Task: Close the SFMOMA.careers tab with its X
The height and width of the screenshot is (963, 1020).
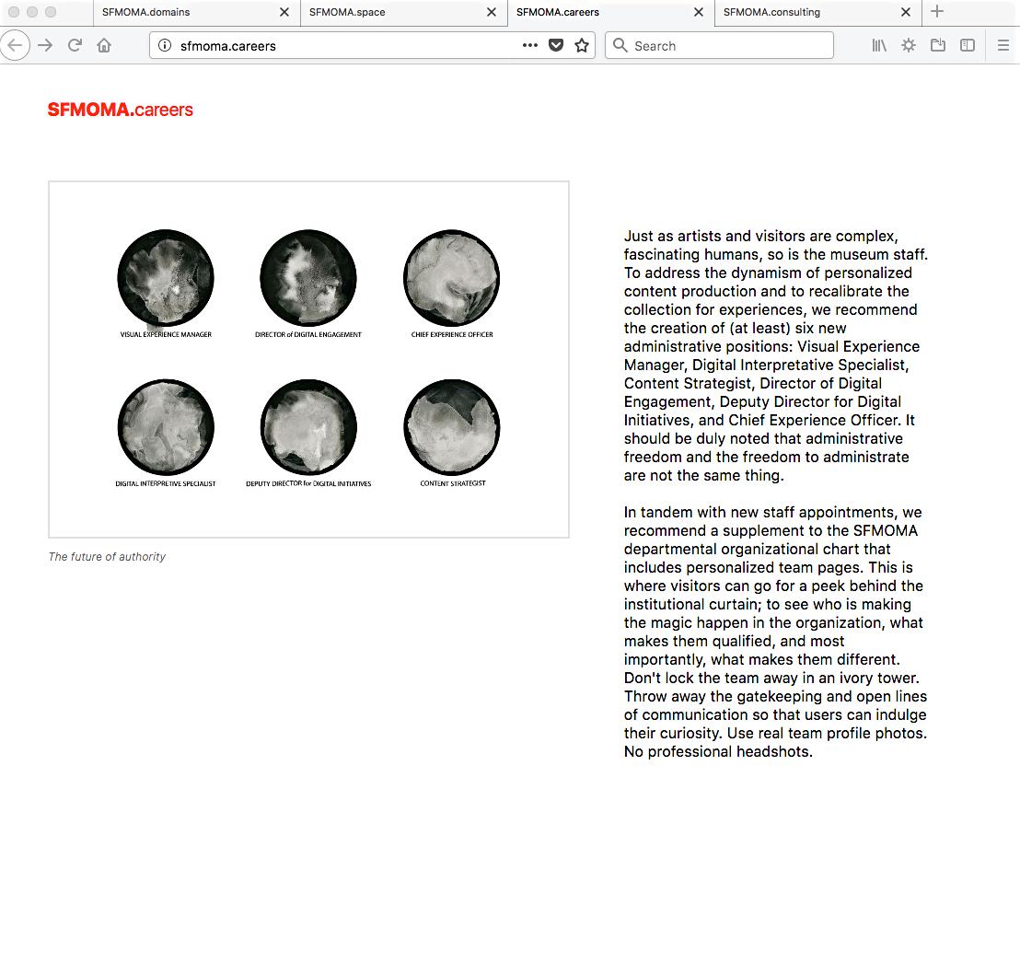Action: tap(699, 12)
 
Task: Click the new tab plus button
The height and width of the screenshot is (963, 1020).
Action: tap(937, 12)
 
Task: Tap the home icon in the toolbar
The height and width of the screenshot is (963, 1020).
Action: tap(104, 45)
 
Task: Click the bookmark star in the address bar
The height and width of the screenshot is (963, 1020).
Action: tap(582, 45)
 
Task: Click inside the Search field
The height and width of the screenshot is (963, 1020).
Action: tap(727, 45)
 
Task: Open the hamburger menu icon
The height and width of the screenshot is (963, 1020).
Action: tap(1003, 45)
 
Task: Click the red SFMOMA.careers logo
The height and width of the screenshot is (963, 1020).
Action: tap(121, 110)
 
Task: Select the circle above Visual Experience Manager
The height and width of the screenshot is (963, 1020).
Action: tap(166, 277)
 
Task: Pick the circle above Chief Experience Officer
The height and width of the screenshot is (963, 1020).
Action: tap(452, 277)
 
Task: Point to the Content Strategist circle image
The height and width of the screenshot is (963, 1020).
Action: tap(452, 427)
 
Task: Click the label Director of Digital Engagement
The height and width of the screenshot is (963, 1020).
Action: tap(308, 335)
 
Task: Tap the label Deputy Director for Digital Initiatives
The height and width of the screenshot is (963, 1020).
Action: tap(308, 483)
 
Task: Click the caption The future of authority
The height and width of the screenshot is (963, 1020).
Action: tap(107, 557)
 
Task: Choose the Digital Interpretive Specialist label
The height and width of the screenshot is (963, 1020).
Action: tap(166, 483)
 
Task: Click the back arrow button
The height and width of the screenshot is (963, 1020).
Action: tap(16, 45)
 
